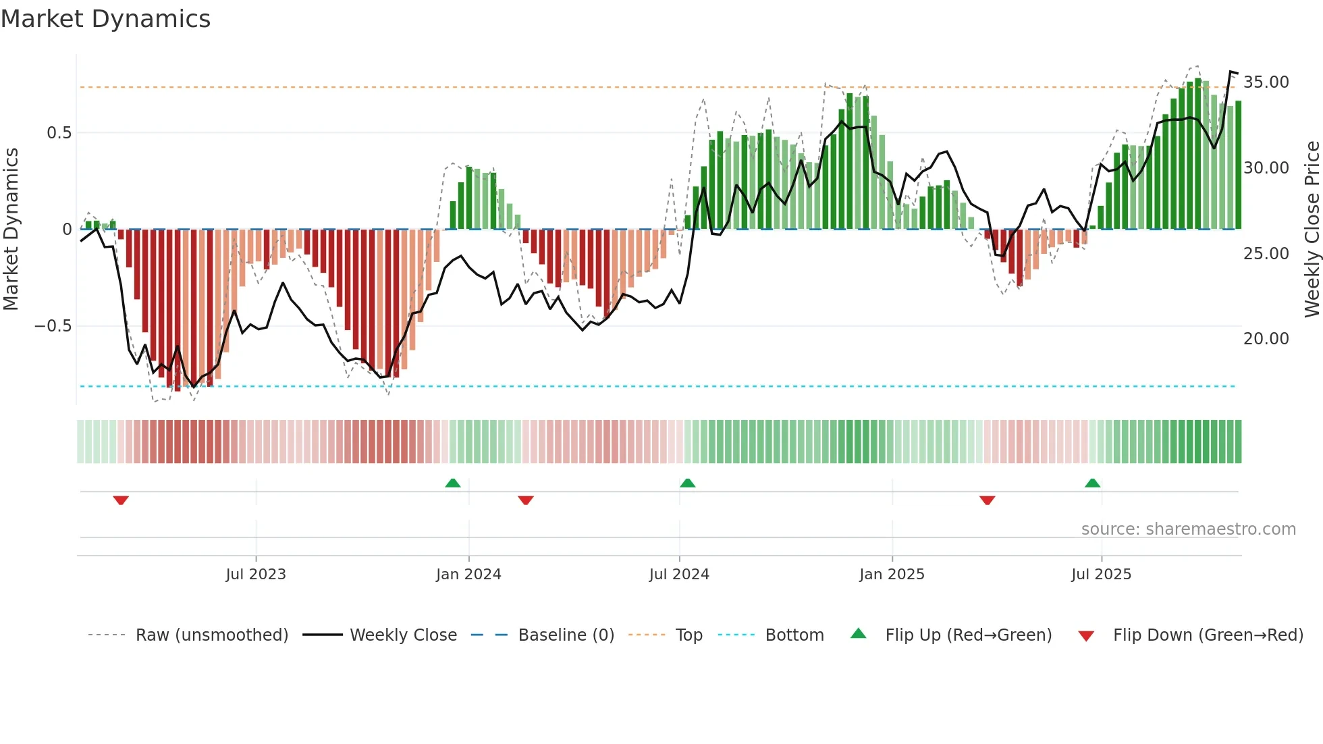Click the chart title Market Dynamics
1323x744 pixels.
(x=105, y=19)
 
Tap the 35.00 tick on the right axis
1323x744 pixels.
(x=1266, y=82)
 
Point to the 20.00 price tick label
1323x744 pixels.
(x=1266, y=339)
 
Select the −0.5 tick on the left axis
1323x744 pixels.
(x=53, y=326)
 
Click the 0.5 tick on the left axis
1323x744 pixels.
(x=59, y=133)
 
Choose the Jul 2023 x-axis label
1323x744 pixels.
(x=256, y=575)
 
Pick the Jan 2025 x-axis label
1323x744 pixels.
(x=892, y=575)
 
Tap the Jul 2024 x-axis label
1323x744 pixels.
(x=679, y=575)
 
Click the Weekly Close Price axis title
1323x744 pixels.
(x=1312, y=230)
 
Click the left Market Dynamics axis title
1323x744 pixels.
(x=11, y=230)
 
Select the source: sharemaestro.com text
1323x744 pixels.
(x=1188, y=529)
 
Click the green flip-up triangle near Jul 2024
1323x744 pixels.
(x=687, y=483)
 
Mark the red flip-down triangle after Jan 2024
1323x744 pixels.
(x=526, y=500)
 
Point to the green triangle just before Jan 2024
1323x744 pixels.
(x=453, y=483)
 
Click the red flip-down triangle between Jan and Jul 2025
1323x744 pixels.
(x=987, y=500)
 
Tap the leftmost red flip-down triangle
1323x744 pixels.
(x=121, y=500)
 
